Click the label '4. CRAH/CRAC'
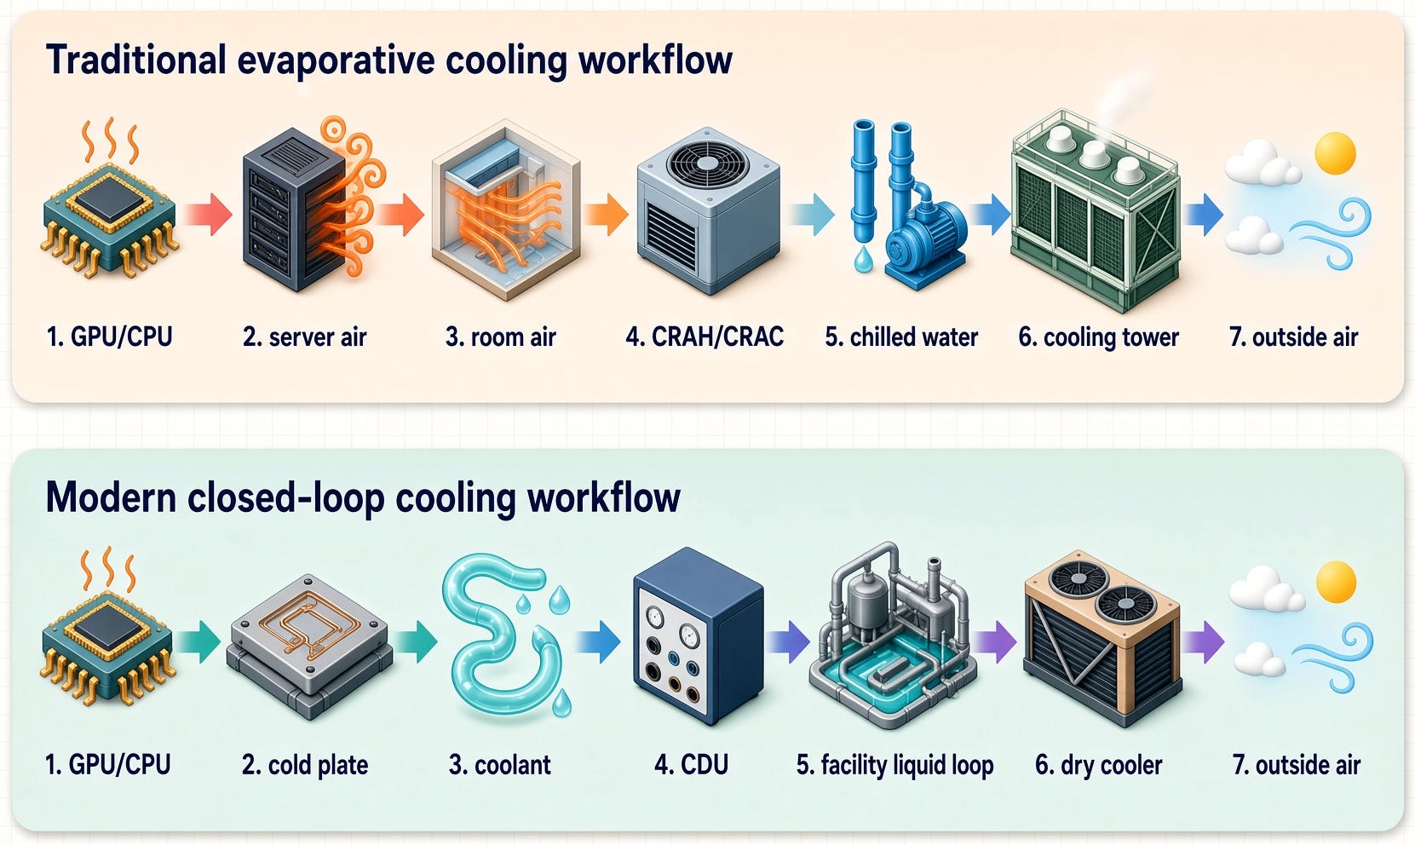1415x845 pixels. [705, 336]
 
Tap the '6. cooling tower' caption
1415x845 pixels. [1098, 337]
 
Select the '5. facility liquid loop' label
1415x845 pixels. [894, 765]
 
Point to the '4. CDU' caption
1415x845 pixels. [691, 765]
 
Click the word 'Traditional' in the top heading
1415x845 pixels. [135, 60]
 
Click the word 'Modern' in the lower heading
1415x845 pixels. [112, 497]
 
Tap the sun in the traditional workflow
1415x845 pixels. [1336, 152]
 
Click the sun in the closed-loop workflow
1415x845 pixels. [1336, 582]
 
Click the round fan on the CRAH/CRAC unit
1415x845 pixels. [707, 163]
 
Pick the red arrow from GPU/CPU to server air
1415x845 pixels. [208, 215]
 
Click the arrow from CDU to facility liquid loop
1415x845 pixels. [788, 642]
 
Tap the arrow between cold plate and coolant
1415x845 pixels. [415, 641]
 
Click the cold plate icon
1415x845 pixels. [309, 647]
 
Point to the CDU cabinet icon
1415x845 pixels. [698, 636]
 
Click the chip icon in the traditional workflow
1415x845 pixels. [109, 218]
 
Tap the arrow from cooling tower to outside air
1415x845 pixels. [1204, 215]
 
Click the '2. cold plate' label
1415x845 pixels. [305, 766]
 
